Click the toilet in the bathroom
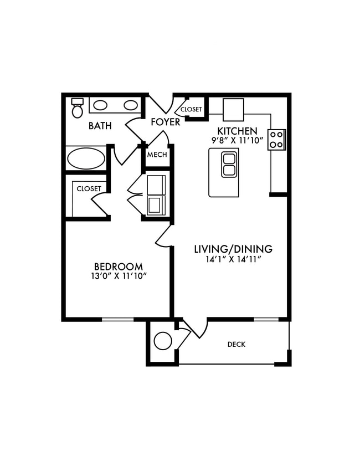coord(78,108)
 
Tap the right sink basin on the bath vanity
coord(131,105)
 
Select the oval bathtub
coord(86,158)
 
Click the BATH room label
coord(100,126)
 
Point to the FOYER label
coord(166,122)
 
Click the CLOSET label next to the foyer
coord(191,110)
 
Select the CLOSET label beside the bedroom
coord(89,189)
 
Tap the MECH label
coord(157,155)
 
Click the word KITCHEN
coord(237,131)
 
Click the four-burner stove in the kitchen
coord(276,140)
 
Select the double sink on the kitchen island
coord(229,165)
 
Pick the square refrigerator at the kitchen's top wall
coord(233,109)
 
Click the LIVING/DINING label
coord(233,249)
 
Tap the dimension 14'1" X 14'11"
coord(233,259)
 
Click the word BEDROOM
coord(118,266)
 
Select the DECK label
coord(236,345)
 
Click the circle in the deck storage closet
coord(163,341)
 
